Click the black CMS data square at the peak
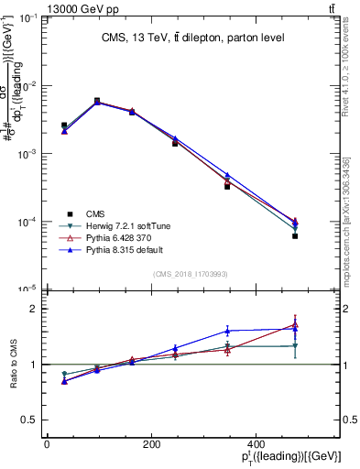click(x=97, y=101)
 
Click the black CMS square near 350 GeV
click(x=227, y=186)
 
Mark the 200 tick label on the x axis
click(x=170, y=445)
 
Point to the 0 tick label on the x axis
click(x=47, y=445)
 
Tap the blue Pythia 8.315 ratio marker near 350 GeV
click(x=227, y=331)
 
